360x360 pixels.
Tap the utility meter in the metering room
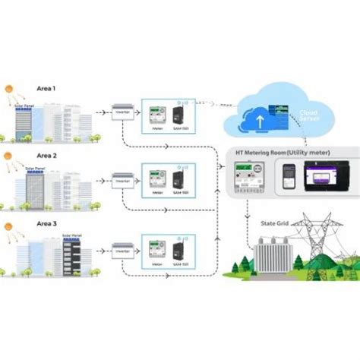click(248, 184)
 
